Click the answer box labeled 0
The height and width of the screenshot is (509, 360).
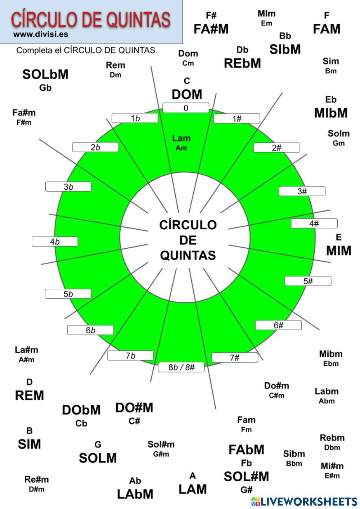point(186,108)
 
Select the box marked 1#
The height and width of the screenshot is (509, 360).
point(237,119)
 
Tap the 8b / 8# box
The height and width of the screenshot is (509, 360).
point(181,367)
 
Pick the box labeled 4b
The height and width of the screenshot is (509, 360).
point(55,242)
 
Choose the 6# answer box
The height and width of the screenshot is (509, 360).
point(278,325)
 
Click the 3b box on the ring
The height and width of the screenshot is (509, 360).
point(68,187)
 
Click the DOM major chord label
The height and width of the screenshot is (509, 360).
point(187,94)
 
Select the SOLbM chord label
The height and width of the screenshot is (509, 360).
point(45,75)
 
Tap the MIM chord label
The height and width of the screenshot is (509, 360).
point(338,250)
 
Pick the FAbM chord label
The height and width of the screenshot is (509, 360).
point(247,450)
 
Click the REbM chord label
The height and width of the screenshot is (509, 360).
point(242,63)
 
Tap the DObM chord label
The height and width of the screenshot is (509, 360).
point(81,410)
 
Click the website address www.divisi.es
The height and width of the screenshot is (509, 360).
point(41,35)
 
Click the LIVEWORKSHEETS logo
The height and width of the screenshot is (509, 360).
point(304,501)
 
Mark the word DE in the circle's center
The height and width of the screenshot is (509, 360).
point(188,240)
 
